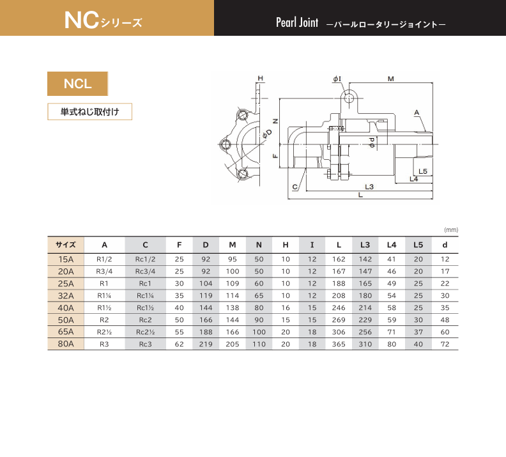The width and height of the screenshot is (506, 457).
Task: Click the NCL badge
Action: pyautogui.click(x=77, y=84)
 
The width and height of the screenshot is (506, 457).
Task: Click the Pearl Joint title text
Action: pyautogui.click(x=297, y=22)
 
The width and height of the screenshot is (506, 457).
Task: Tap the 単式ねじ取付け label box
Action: pyautogui.click(x=89, y=112)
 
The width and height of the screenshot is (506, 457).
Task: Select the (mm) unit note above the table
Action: pyautogui.click(x=451, y=230)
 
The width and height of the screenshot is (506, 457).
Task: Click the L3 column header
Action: pyautogui.click(x=365, y=245)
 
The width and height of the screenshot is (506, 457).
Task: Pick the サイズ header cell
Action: pyautogui.click(x=66, y=245)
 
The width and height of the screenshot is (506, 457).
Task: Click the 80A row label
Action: pyautogui.click(x=66, y=344)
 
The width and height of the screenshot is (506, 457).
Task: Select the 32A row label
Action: pyautogui.click(x=66, y=296)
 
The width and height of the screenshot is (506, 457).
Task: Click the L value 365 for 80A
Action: pyautogui.click(x=339, y=345)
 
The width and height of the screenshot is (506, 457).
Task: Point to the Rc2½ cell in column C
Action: pyautogui.click(x=145, y=332)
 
